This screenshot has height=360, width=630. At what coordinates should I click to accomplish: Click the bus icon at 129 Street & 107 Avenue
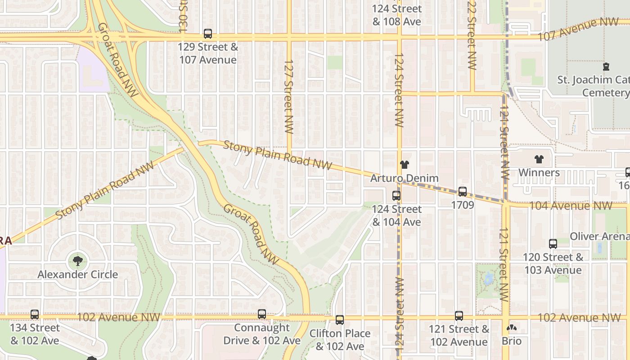207,33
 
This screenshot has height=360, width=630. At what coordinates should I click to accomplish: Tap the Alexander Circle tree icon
77,260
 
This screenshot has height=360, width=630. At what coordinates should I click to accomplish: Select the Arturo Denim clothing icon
404,165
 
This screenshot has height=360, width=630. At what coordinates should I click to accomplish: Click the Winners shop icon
539,159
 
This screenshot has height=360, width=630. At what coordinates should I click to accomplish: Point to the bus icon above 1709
462,192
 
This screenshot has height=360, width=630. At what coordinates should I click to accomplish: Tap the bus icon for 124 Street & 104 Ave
396,196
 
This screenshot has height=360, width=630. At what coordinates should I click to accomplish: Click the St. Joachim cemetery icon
606,67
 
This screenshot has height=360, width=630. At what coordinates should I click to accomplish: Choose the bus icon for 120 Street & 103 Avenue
553,244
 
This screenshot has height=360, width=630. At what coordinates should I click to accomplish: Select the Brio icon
511,328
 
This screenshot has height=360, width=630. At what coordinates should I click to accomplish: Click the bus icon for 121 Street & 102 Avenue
459,316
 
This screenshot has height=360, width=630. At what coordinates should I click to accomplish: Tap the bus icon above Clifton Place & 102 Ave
340,320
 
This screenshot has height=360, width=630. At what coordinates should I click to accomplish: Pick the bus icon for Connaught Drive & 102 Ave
261,314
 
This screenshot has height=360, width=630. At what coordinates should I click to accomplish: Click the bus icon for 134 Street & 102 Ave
35,315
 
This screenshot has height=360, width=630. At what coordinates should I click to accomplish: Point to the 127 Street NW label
289,96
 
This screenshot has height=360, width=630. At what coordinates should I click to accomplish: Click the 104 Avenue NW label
570,206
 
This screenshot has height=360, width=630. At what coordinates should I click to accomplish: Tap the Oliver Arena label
599,236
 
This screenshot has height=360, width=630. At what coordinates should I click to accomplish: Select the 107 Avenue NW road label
578,30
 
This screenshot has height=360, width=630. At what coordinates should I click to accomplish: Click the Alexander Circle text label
77,274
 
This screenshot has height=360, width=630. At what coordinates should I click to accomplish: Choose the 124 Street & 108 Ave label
397,15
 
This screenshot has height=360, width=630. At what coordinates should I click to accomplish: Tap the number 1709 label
463,205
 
